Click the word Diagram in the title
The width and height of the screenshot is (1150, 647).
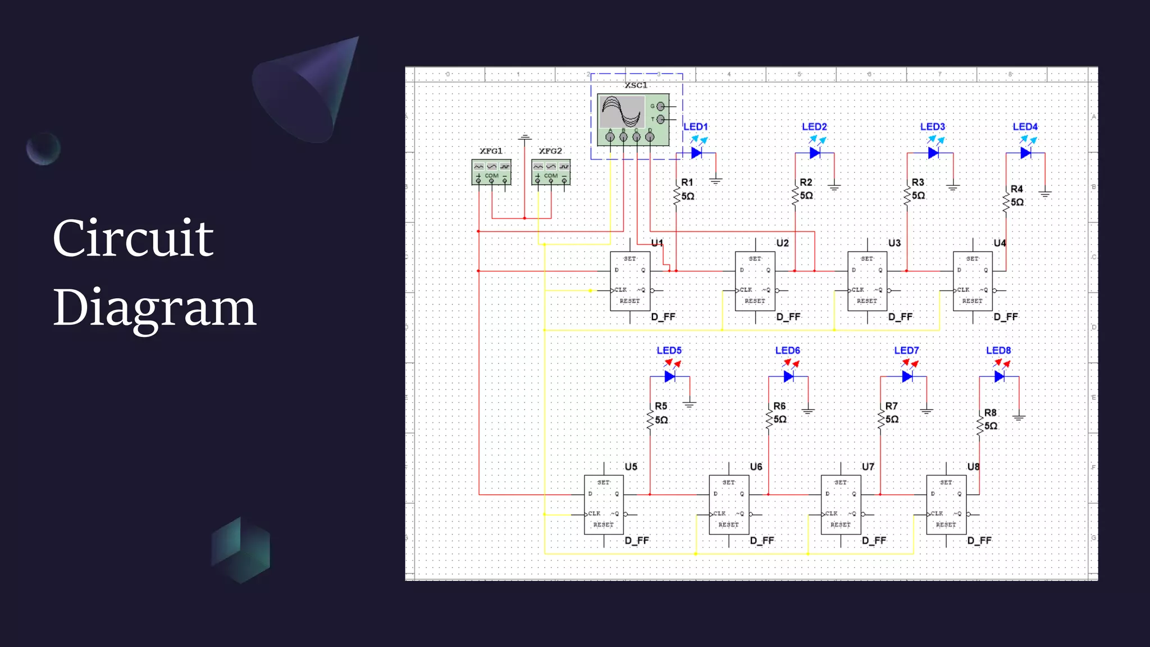(154, 308)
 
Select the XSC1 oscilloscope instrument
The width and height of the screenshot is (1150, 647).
(633, 120)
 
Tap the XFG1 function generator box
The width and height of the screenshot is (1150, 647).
(491, 172)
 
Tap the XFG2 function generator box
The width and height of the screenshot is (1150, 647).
(551, 172)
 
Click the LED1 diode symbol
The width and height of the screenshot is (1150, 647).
(697, 153)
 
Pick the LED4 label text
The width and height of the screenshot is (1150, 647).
(1025, 127)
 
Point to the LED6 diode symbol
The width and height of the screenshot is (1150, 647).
(788, 376)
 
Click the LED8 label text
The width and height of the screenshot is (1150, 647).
(998, 350)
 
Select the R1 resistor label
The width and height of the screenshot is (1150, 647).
(687, 183)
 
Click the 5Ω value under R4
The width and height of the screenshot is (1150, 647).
(1017, 202)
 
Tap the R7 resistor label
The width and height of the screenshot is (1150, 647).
(892, 406)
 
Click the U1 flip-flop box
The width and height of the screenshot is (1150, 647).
(630, 281)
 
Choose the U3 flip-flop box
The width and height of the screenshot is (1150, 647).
(867, 281)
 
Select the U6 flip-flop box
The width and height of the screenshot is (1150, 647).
(729, 504)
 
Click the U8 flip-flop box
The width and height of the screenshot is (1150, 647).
(946, 504)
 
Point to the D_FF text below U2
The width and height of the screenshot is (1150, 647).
(788, 317)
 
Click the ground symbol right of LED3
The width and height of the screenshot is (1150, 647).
(953, 187)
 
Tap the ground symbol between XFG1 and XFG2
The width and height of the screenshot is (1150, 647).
(525, 137)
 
